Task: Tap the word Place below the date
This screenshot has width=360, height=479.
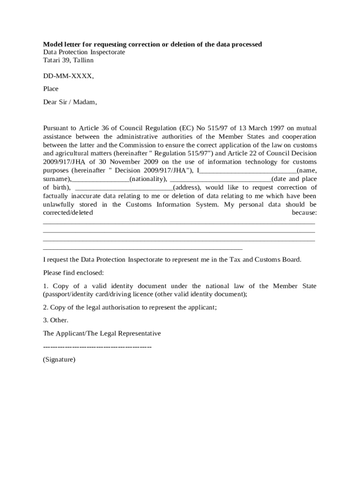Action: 50,88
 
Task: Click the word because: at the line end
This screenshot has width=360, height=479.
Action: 304,213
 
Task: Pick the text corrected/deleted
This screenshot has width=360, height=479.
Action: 68,213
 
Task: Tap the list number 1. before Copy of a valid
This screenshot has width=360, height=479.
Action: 46,286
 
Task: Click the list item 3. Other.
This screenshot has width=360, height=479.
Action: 56,320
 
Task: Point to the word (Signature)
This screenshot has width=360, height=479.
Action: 59,360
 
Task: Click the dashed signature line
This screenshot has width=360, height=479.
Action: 97,347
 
